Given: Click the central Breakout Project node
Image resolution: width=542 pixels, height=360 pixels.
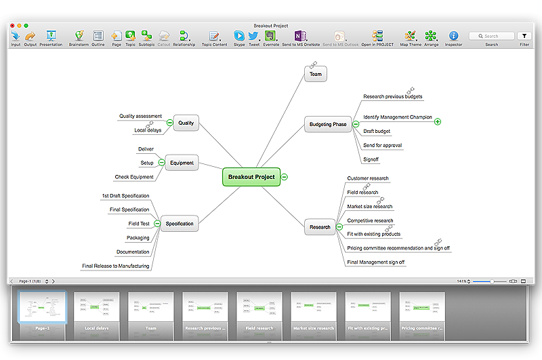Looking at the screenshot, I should click(251, 177).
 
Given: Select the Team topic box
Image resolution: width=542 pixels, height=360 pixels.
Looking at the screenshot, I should click(316, 74).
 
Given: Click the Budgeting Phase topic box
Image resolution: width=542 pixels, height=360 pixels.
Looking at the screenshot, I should click(328, 124).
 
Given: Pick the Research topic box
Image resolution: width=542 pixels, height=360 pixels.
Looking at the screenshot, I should click(320, 227).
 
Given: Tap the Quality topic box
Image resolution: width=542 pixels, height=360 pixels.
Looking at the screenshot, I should click(186, 123).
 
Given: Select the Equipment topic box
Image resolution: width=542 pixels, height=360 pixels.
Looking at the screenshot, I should click(182, 163).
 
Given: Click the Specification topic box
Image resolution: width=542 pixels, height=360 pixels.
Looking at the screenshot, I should click(180, 223).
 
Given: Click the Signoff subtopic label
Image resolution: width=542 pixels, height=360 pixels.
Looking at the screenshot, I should click(371, 159).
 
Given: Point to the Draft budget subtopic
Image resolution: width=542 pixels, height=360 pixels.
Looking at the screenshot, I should click(377, 131).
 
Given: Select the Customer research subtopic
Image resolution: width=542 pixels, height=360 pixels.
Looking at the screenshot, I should click(368, 178).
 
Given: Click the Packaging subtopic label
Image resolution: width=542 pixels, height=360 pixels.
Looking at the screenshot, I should click(138, 238).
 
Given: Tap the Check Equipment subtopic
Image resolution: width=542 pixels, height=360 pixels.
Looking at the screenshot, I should click(134, 177).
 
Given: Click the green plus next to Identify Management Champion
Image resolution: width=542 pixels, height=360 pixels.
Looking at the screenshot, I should click(438, 121).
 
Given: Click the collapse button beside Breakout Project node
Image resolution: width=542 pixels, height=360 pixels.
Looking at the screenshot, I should click(285, 177).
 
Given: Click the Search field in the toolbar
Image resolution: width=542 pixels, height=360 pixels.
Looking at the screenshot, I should click(492, 36).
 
